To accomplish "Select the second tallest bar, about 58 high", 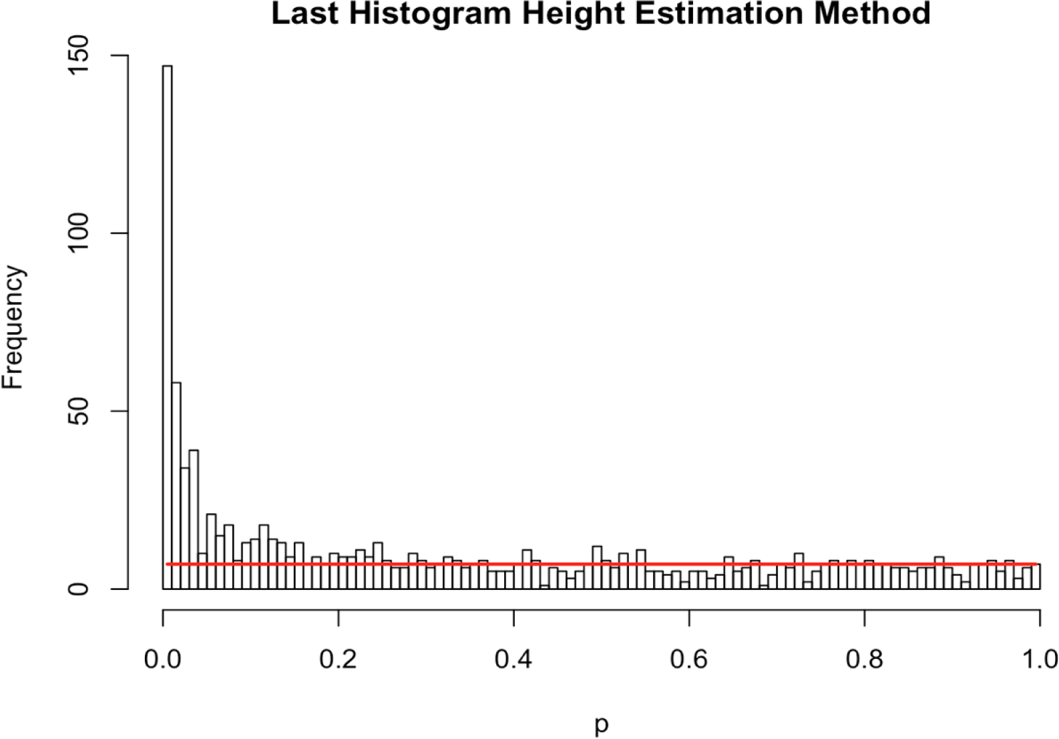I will tap(176, 481).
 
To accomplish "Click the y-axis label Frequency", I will tap(13, 327).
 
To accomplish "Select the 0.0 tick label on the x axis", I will tap(163, 659).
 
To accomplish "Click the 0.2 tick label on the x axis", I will tap(339, 659).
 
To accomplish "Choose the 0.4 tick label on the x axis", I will tap(513, 659).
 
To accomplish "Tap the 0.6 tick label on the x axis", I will tap(689, 659).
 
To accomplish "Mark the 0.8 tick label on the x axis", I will tap(865, 659).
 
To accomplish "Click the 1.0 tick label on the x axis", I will tap(1038, 659).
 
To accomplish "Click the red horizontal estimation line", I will tap(601, 564).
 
